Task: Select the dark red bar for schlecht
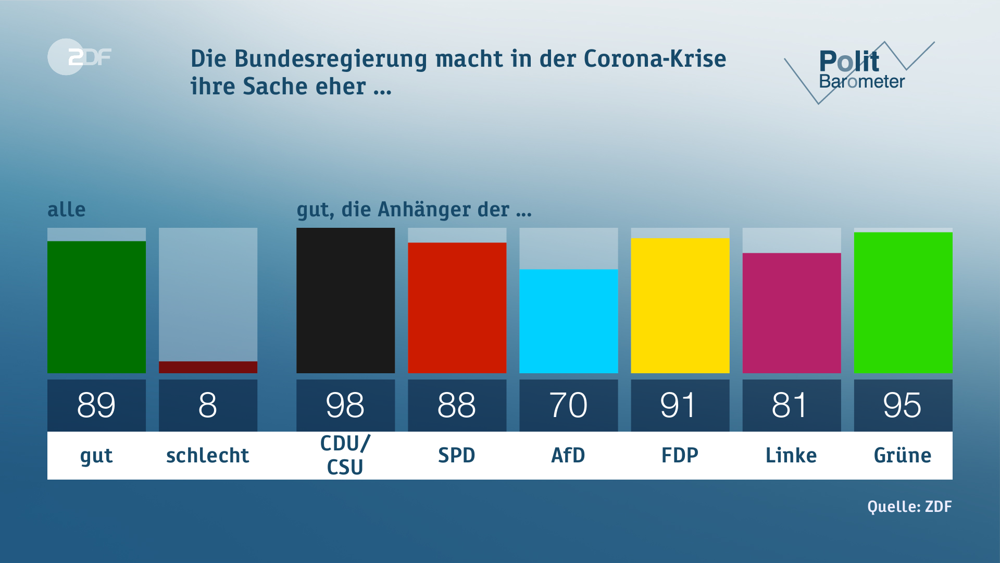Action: (x=208, y=367)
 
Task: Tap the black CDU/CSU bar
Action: (x=345, y=300)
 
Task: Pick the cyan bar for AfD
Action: (x=568, y=321)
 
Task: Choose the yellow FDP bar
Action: (x=680, y=305)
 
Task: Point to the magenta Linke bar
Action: (x=791, y=313)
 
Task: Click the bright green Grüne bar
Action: (x=903, y=302)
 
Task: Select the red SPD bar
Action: (x=457, y=308)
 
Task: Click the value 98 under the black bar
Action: (x=345, y=405)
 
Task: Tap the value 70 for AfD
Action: (x=568, y=405)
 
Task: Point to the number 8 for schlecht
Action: (x=208, y=405)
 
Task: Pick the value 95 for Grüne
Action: (x=903, y=405)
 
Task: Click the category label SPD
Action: (x=457, y=455)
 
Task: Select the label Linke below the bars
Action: (x=791, y=455)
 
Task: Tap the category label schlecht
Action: (x=208, y=455)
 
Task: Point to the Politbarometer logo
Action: (x=859, y=70)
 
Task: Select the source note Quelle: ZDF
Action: (x=909, y=506)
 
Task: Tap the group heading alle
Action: (x=66, y=210)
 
